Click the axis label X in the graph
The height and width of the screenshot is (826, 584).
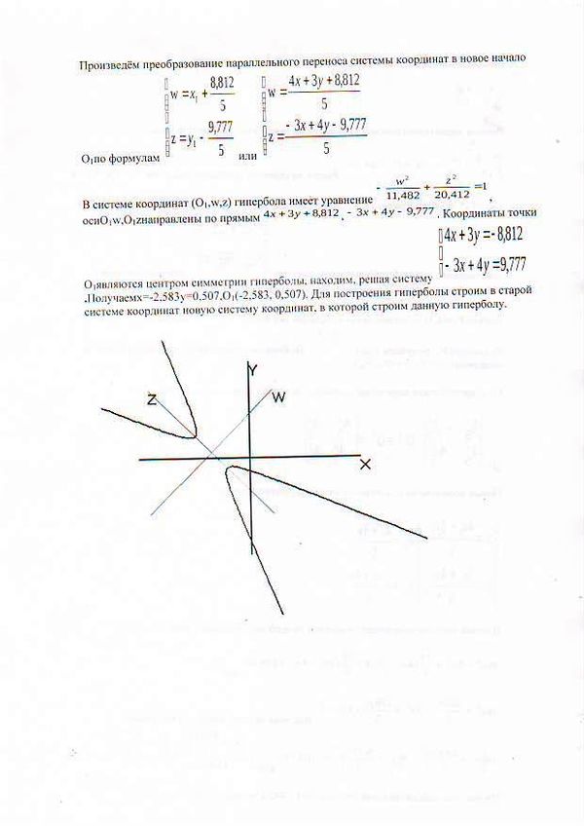(365, 465)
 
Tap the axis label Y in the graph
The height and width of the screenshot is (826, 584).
(252, 369)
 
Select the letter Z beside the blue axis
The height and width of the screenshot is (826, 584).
(153, 398)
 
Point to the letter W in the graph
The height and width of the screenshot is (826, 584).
(278, 396)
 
